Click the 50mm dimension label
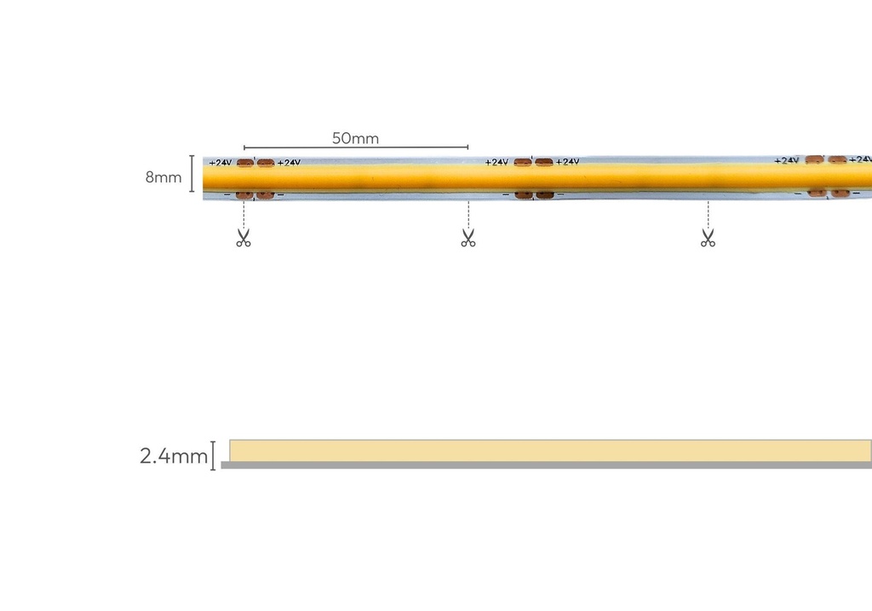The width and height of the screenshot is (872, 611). click(x=355, y=138)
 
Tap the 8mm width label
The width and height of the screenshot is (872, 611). click(x=163, y=177)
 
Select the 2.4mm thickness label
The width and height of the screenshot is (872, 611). click(x=174, y=456)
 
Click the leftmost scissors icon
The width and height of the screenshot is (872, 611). click(x=244, y=238)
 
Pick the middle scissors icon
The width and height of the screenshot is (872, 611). click(x=468, y=238)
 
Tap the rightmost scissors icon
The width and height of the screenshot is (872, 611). click(x=708, y=238)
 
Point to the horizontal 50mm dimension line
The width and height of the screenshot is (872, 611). click(x=356, y=147)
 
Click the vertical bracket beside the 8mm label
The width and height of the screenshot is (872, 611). click(x=192, y=174)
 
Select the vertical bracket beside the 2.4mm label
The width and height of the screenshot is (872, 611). click(x=213, y=456)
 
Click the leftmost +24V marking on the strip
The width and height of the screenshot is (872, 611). click(x=221, y=163)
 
